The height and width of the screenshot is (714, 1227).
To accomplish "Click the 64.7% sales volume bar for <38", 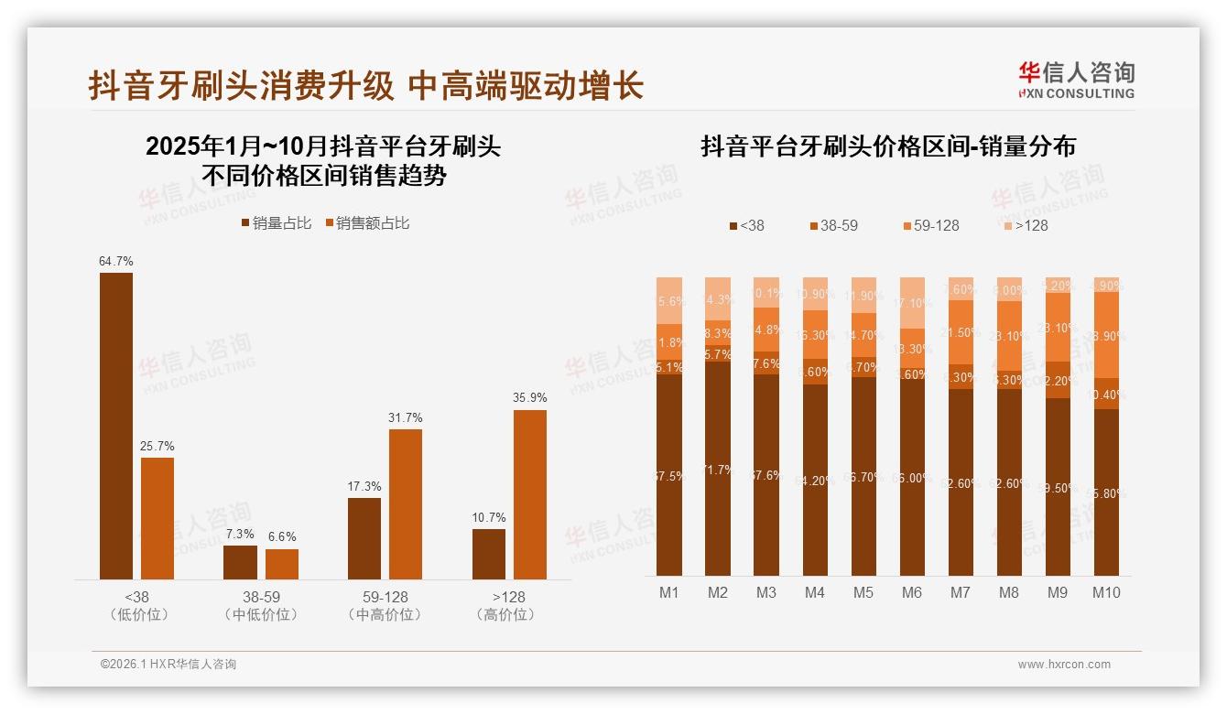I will click(116, 426).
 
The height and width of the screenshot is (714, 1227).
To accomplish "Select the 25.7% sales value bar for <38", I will click(157, 518).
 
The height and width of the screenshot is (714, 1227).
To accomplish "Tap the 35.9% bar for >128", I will click(530, 494).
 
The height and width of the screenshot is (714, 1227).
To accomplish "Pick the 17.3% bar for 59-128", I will click(364, 538).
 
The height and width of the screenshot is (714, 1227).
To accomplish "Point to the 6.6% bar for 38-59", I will click(282, 564).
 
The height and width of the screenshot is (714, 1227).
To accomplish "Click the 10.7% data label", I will click(489, 518).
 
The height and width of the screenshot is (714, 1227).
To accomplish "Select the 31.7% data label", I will click(406, 418).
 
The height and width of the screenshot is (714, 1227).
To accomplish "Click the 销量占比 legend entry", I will click(276, 223).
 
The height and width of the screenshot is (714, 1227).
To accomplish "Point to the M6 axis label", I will click(911, 592).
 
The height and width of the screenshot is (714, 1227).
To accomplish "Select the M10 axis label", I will click(1106, 592).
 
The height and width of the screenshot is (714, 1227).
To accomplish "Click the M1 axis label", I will click(669, 592).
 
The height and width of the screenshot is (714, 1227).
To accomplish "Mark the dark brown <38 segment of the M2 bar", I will click(718, 468).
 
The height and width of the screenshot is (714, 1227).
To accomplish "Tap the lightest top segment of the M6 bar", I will click(912, 302).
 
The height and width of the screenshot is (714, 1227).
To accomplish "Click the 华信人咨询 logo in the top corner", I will click(1076, 80).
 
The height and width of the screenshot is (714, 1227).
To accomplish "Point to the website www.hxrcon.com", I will click(1064, 665).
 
